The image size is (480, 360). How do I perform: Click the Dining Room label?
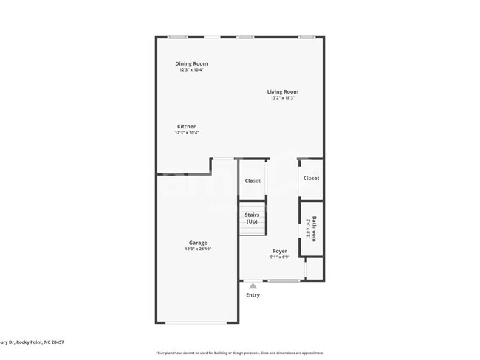191,63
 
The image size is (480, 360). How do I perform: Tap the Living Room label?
283,91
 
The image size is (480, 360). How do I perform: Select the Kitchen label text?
186,126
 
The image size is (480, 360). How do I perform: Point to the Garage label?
198,243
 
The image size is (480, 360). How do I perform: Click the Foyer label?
280,251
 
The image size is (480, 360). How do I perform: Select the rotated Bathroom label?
314,228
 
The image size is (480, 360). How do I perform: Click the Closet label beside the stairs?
253,181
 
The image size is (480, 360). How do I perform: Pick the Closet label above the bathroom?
311,178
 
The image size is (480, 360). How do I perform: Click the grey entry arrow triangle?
253,285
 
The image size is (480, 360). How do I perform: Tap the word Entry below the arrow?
253,295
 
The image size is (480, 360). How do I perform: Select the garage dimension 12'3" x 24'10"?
198,249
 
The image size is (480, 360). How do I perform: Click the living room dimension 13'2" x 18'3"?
283,98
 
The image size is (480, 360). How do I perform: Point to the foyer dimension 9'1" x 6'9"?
280,257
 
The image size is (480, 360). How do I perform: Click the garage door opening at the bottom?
196,322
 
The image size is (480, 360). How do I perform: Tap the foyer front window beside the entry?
284,280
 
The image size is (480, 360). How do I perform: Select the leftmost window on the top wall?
177,37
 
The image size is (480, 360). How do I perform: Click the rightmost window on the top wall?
307,37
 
